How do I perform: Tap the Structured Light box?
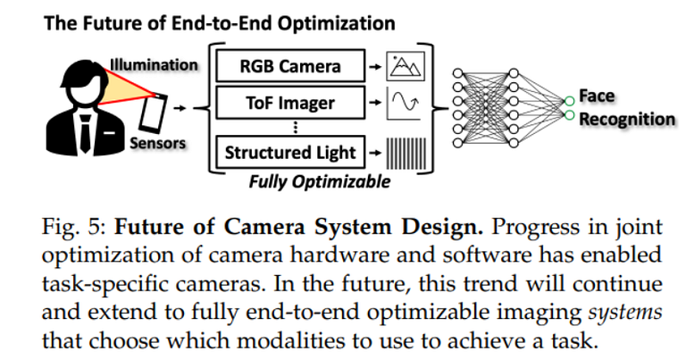tap(291, 153)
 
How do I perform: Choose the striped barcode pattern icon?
tap(407, 153)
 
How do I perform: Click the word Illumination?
tap(155, 64)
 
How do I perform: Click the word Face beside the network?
tap(596, 96)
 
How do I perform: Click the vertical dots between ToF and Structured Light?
tap(292, 127)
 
